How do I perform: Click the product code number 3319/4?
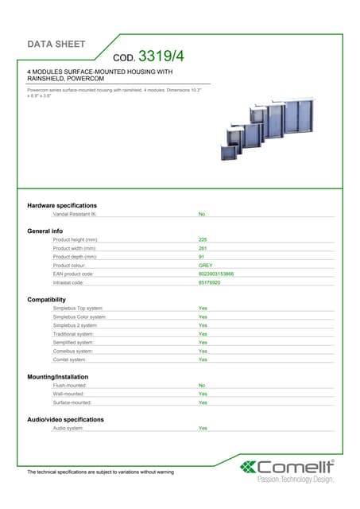(161, 56)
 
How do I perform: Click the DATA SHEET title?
(56, 44)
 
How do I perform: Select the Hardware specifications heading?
(62, 205)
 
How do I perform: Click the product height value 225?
(203, 239)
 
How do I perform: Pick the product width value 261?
(203, 248)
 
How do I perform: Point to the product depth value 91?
(201, 257)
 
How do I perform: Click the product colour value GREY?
(205, 266)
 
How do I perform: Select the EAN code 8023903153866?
(216, 274)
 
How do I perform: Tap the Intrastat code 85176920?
(209, 282)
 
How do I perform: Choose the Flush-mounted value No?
(202, 385)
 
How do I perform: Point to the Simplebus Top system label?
(78, 308)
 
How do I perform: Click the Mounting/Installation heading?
(57, 376)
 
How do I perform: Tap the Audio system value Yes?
(203, 428)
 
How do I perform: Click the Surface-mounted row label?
(72, 402)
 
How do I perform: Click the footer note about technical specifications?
(100, 472)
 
